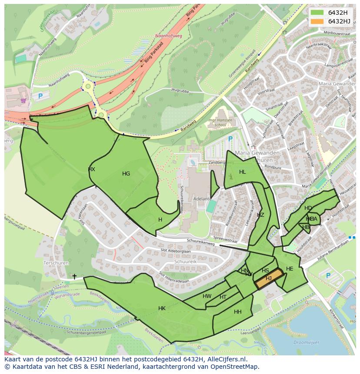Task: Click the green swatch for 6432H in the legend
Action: pos(317,13)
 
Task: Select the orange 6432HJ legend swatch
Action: pos(317,21)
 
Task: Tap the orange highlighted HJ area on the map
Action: pos(268,278)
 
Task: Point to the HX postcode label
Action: pos(91,169)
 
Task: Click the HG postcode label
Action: pos(126,174)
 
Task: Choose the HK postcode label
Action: pos(162,308)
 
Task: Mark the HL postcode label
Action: pos(242,172)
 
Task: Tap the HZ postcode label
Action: pos(260,215)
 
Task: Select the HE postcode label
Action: pos(290,269)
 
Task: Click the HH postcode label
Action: pos(237,312)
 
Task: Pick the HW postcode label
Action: pos(207,296)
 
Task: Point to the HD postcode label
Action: pos(308,208)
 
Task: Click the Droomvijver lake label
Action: pos(306,343)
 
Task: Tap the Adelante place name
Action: pos(203,199)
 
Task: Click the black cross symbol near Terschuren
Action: pos(74,276)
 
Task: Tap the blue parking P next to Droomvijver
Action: pos(328,275)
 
